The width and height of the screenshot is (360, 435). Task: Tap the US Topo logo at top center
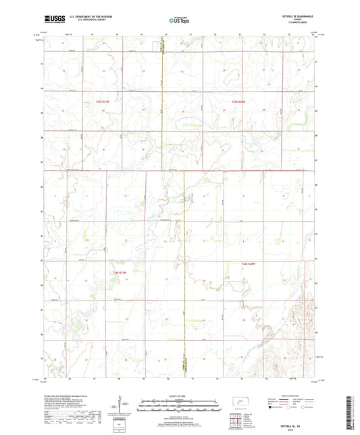(x=179, y=22)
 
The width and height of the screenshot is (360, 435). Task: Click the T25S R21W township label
(x=94, y=101)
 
